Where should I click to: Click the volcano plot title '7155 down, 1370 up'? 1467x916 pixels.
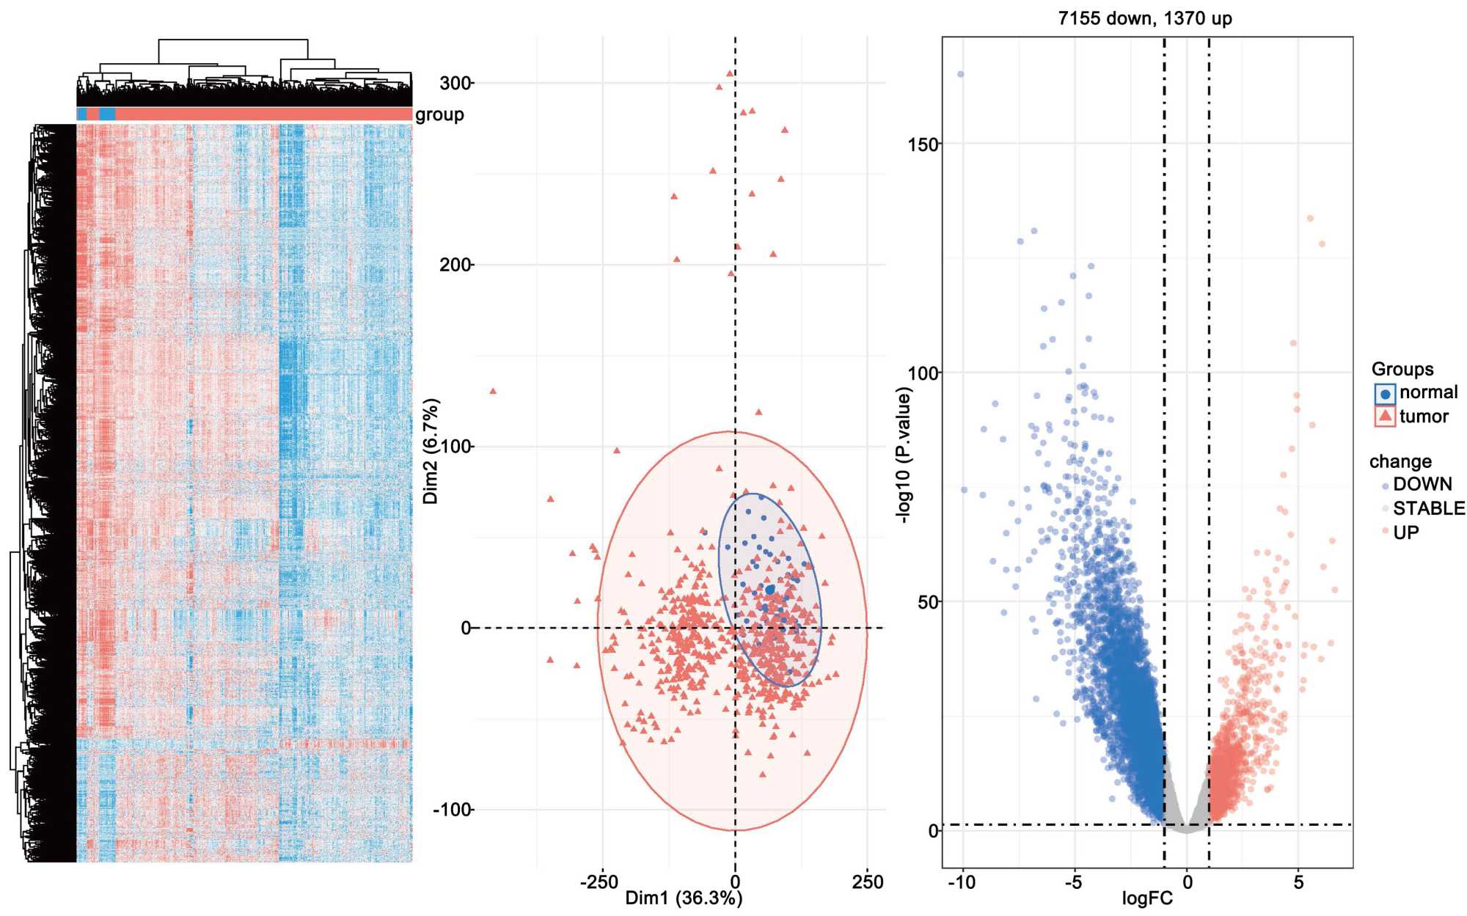[x=1144, y=18]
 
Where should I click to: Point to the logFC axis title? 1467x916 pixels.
[x=1147, y=898]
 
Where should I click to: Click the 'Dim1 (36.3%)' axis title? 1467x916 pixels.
[x=684, y=898]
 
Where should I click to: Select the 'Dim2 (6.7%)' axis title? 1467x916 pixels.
[x=431, y=451]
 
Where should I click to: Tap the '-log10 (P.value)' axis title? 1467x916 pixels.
[x=904, y=455]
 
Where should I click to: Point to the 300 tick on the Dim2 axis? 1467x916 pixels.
[x=455, y=83]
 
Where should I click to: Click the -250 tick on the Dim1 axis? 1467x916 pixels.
[x=599, y=882]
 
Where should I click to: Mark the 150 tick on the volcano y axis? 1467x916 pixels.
[x=923, y=144]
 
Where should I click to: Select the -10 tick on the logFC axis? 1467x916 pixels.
[x=962, y=882]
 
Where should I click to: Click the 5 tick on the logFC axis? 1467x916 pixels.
[x=1298, y=882]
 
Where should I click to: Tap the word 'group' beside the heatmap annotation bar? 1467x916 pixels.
[x=439, y=114]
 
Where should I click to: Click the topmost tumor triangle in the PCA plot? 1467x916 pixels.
[x=729, y=73]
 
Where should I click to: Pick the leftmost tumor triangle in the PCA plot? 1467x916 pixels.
[x=493, y=391]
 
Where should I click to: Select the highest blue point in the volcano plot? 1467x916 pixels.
[x=960, y=74]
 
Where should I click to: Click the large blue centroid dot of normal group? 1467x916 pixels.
[x=769, y=590]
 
